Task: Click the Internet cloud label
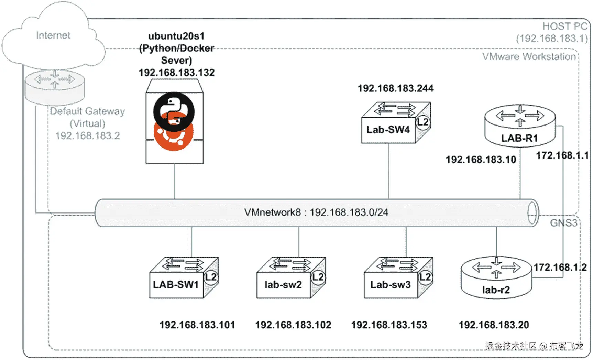click(x=53, y=35)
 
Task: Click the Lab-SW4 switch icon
click(x=395, y=123)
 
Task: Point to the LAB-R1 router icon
click(x=520, y=126)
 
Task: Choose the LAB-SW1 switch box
click(x=183, y=278)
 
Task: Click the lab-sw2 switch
click(x=290, y=278)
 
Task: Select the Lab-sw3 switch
click(x=398, y=278)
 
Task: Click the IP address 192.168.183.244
click(x=395, y=88)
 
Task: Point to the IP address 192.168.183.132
click(x=177, y=73)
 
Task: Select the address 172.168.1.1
click(x=562, y=155)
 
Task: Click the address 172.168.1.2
click(x=560, y=267)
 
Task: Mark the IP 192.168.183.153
click(x=389, y=325)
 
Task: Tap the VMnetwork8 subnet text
click(x=316, y=212)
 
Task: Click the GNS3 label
click(x=563, y=223)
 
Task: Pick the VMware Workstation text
click(x=529, y=57)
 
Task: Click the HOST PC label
click(x=565, y=26)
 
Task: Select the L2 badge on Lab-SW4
click(x=423, y=122)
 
